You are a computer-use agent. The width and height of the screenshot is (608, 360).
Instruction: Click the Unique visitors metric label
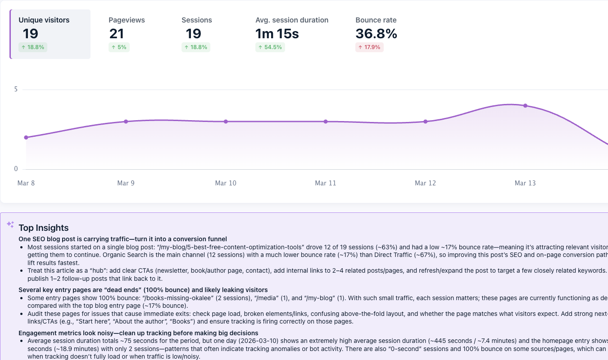[x=44, y=20]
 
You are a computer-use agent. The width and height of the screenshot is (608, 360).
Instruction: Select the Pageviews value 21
[x=117, y=34]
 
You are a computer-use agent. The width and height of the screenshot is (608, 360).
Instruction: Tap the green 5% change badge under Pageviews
[x=119, y=47]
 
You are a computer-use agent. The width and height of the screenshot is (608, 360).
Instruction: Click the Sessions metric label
[x=196, y=20]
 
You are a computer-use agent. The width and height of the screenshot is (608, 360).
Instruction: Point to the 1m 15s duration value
[x=277, y=34]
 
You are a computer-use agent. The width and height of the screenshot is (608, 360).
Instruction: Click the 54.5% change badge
[x=270, y=47]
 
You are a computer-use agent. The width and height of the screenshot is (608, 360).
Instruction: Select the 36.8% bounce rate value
[x=376, y=34]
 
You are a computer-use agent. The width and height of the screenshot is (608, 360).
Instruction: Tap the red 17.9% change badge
[x=369, y=47]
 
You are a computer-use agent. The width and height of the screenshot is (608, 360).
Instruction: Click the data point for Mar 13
[x=525, y=106]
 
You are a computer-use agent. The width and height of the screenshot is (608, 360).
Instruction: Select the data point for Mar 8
[x=26, y=138]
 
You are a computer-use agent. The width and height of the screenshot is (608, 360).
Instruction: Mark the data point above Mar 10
[x=226, y=121]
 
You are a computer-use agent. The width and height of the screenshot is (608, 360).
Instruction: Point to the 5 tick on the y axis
[x=16, y=90]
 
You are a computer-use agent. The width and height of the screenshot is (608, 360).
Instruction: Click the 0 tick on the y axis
[x=16, y=169]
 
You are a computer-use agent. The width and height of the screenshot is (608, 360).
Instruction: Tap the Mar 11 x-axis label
[x=326, y=183]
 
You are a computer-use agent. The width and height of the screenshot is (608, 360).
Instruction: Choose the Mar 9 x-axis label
[x=126, y=183]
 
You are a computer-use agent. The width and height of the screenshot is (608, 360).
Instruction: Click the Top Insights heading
[x=44, y=228]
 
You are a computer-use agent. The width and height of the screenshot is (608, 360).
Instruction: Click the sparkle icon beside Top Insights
[x=10, y=224]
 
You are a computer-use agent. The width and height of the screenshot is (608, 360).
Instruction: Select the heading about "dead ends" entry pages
[x=143, y=290]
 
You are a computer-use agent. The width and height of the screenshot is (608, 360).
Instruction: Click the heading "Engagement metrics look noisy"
[x=138, y=333]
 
